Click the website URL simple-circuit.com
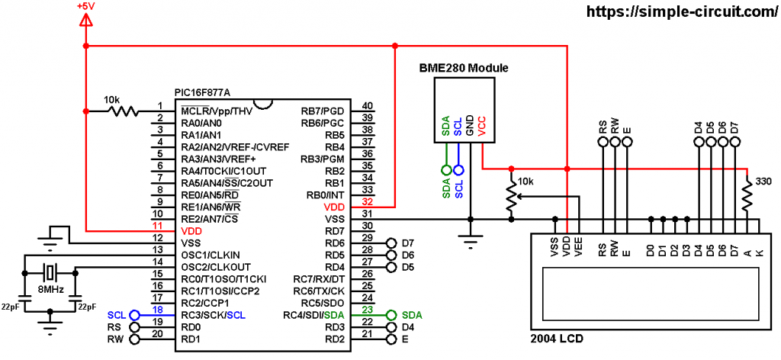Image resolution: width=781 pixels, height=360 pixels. (x=680, y=11)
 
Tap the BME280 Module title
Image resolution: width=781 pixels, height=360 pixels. (x=464, y=68)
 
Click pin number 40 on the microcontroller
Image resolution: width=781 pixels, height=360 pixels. (x=368, y=106)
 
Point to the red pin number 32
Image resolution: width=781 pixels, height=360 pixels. (x=368, y=202)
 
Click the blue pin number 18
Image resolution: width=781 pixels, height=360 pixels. (x=159, y=310)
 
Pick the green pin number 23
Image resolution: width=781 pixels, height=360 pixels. (x=368, y=310)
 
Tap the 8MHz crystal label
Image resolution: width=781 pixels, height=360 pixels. (x=50, y=291)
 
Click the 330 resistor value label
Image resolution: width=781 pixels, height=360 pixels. (x=763, y=182)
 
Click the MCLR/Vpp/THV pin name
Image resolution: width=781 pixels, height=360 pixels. (x=217, y=111)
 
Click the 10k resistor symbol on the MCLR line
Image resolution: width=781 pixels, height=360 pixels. (x=123, y=111)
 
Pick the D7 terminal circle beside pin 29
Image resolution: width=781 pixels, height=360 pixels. (x=390, y=243)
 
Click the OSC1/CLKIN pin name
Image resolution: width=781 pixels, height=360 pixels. (x=211, y=254)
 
